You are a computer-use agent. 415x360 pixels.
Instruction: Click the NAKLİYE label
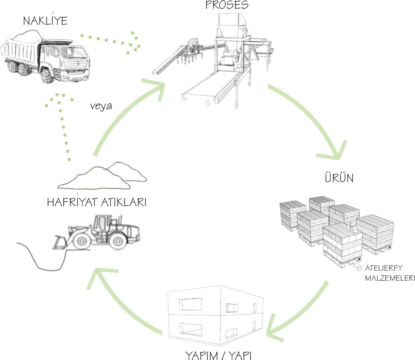click(45, 21)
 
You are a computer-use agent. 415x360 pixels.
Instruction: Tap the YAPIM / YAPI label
click(219, 355)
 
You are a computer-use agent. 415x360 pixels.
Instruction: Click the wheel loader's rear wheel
click(118, 241)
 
